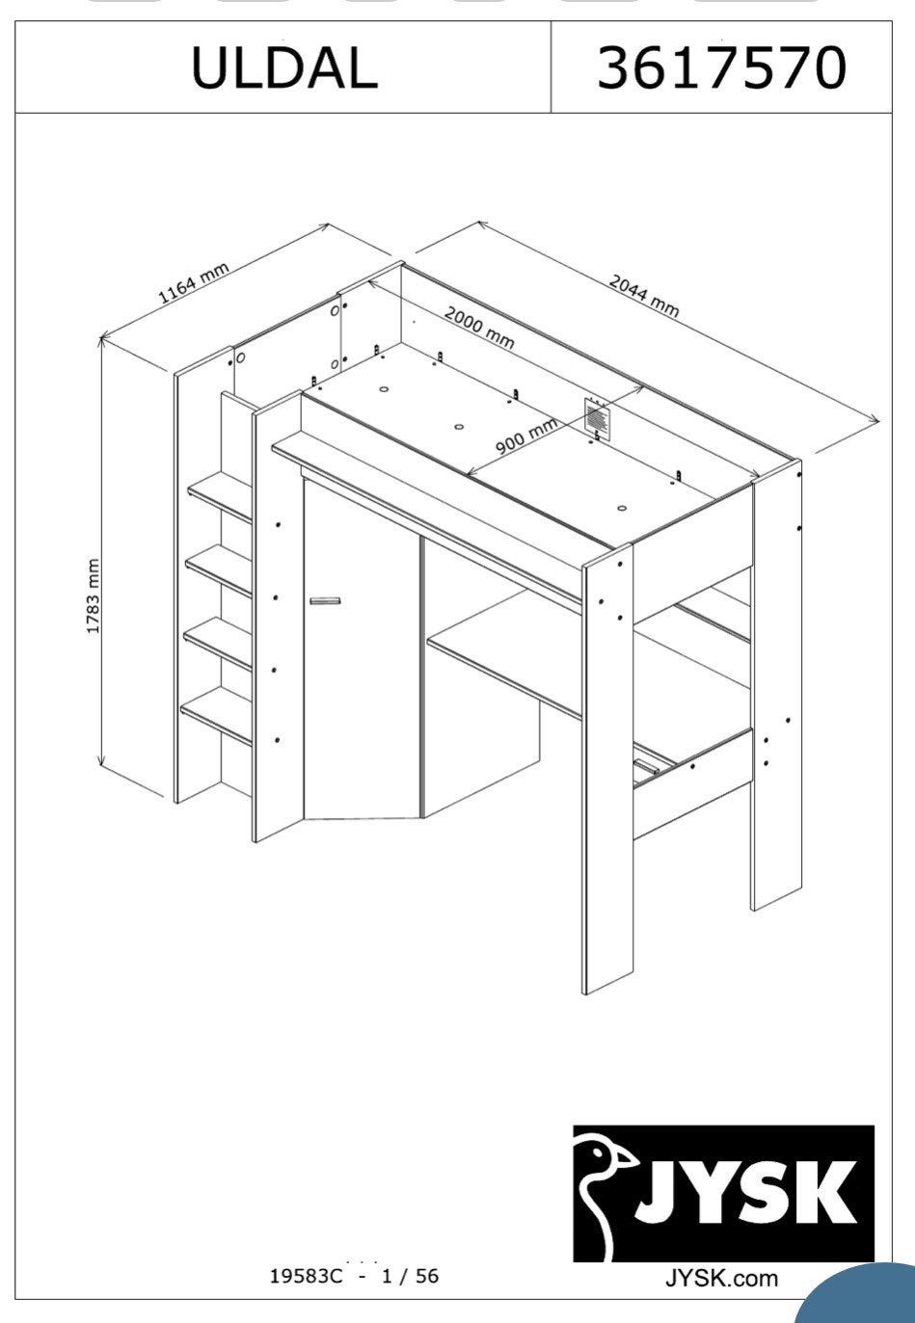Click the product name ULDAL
284,67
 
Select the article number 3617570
722,67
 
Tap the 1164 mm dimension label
193,283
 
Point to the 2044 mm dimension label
644,295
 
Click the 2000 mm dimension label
479,328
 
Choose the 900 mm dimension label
526,436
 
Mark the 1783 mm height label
93,595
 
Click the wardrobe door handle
326,600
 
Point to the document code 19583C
307,1277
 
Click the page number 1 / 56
410,1277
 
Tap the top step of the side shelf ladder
221,496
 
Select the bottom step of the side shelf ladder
217,715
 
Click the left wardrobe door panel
362,649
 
